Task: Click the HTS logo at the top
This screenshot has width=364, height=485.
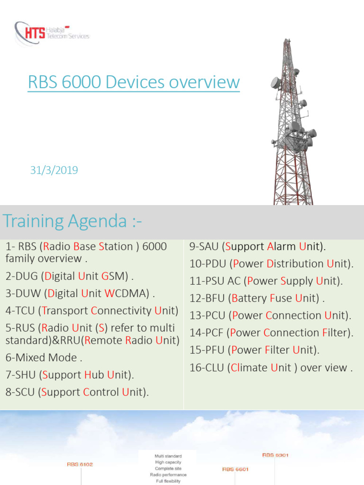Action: (51, 33)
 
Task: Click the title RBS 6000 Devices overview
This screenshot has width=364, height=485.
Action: (134, 82)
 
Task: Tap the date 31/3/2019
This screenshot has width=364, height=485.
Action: (54, 170)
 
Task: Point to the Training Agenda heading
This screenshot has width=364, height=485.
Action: (72, 221)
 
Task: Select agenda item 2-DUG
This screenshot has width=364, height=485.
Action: (70, 276)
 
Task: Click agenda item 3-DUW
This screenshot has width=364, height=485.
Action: (81, 294)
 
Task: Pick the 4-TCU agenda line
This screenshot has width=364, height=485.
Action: (92, 311)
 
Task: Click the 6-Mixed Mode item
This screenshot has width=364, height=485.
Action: (44, 358)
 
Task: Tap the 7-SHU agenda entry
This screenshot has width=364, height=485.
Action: (70, 375)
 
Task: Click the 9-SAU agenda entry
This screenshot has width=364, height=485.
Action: (257, 246)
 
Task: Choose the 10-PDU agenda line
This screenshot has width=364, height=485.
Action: (272, 264)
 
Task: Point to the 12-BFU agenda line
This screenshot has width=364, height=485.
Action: (257, 298)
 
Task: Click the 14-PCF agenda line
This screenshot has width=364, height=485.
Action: (272, 333)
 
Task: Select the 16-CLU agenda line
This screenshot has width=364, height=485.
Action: (271, 368)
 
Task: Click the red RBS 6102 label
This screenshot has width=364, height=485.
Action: (80, 465)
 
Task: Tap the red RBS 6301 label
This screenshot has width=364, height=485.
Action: (275, 455)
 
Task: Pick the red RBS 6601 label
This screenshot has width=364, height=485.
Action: (236, 469)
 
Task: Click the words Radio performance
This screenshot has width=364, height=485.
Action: (168, 475)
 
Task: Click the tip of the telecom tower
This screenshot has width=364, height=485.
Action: (287, 40)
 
